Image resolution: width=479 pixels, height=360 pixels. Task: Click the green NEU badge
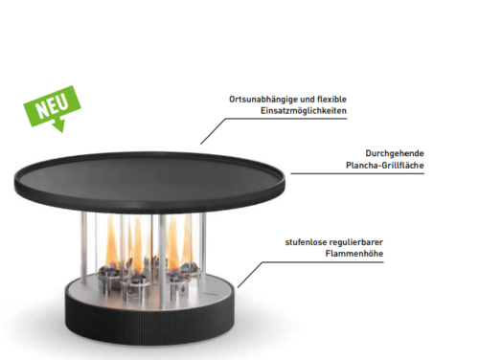[52, 107]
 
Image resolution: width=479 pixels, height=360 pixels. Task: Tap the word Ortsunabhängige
[263, 100]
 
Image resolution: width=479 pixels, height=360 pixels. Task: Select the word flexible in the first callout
[331, 100]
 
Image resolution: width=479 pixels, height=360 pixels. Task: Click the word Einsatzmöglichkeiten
[304, 111]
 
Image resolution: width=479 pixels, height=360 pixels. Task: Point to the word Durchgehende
[395, 153]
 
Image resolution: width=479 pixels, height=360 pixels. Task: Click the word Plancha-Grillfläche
[385, 166]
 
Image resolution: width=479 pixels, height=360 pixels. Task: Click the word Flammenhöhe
[354, 254]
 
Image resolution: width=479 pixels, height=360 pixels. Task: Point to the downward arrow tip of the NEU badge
[61, 131]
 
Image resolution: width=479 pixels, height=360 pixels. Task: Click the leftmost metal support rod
[84, 248]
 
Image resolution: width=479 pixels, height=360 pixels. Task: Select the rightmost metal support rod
[203, 246]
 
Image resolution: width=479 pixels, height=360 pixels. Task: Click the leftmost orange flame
[112, 242]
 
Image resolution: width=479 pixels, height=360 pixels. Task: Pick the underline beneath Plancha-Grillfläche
[357, 174]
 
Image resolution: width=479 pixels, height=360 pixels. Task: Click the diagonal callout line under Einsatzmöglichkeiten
[213, 131]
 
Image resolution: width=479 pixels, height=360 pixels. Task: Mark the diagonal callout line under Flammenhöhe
[250, 275]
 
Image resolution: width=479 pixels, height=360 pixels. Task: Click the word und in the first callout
[308, 100]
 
